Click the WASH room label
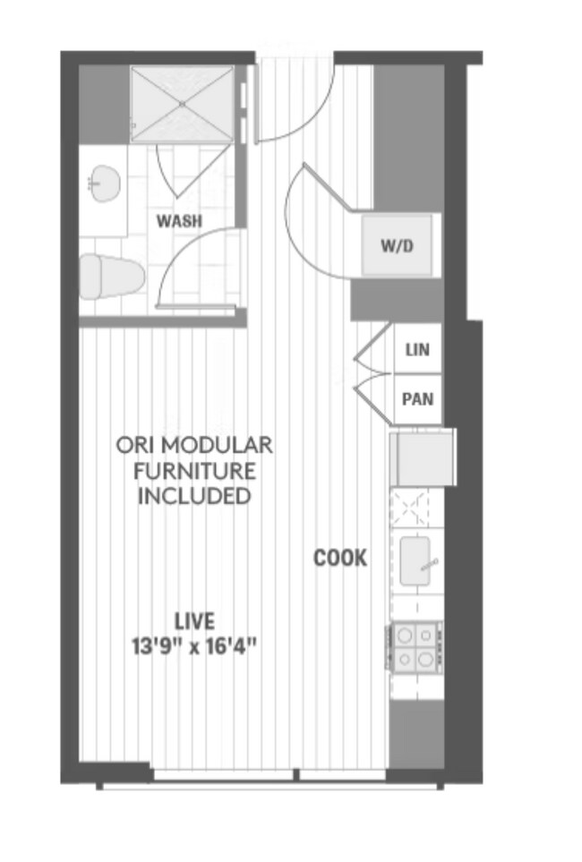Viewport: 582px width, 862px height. pyautogui.click(x=179, y=220)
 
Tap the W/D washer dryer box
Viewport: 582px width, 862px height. pyautogui.click(x=398, y=245)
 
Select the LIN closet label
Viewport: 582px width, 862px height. pyautogui.click(x=417, y=350)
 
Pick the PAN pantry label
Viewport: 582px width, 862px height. pyautogui.click(x=417, y=399)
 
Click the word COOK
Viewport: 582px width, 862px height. pyautogui.click(x=339, y=559)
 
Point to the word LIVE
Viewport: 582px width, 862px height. pyautogui.click(x=194, y=620)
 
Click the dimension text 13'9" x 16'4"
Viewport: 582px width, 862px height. pyautogui.click(x=194, y=644)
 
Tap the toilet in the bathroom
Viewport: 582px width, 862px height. pyautogui.click(x=111, y=276)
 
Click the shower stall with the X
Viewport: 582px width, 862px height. pyautogui.click(x=182, y=103)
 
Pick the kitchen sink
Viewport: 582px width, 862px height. pyautogui.click(x=417, y=560)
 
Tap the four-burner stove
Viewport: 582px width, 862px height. pyautogui.click(x=415, y=646)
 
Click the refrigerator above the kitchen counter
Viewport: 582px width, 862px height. pyautogui.click(x=423, y=457)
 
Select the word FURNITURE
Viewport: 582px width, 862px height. pyautogui.click(x=194, y=470)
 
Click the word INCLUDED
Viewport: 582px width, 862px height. pyautogui.click(x=194, y=495)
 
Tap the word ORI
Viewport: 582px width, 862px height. pyautogui.click(x=133, y=445)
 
